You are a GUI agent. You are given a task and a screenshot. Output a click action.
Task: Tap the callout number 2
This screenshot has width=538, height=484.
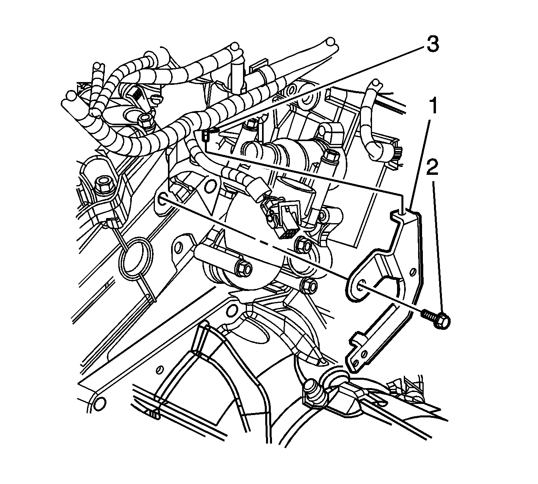pos(432,168)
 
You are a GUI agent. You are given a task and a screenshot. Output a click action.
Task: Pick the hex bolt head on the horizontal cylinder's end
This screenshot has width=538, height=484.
pos(243,270)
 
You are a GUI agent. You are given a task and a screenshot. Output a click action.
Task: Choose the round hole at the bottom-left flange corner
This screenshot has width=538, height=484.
pos(99,403)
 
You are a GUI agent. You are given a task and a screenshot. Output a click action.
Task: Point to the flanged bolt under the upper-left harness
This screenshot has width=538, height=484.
pos(146,121)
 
